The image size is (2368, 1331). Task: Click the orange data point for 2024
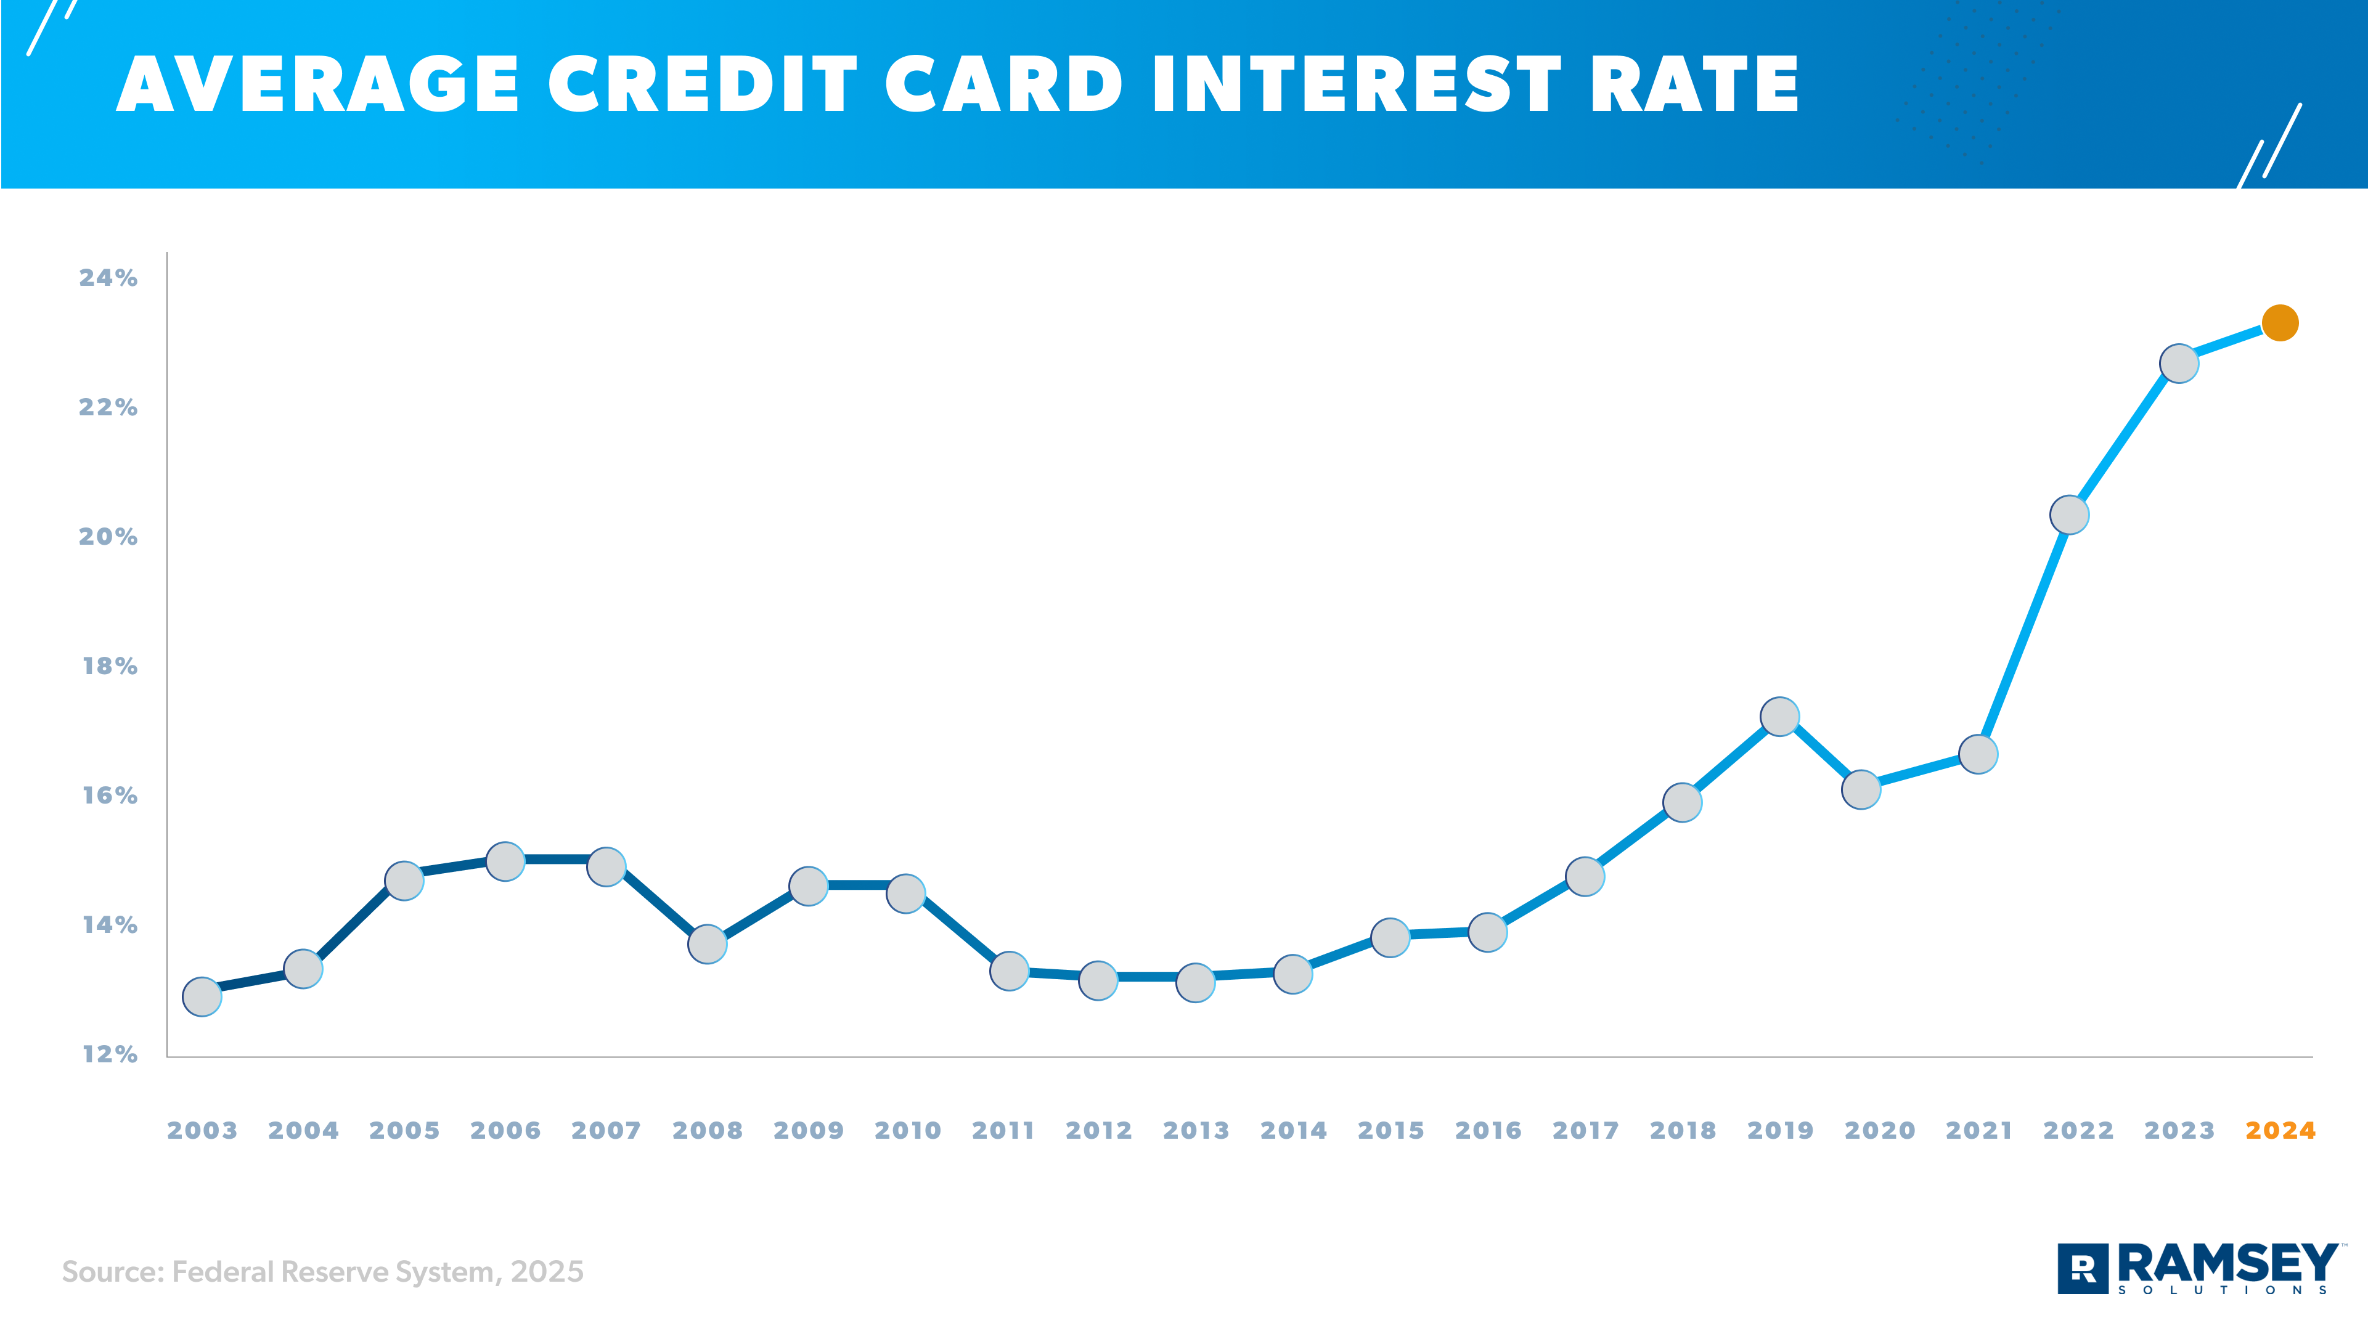click(x=2280, y=323)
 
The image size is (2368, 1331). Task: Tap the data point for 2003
click(x=202, y=996)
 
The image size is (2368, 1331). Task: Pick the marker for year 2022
click(x=2069, y=515)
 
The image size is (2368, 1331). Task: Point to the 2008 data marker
click(x=707, y=944)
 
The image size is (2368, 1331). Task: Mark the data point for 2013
click(x=1195, y=983)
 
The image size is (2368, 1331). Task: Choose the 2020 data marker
click(x=1861, y=789)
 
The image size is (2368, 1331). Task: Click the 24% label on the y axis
click(x=108, y=277)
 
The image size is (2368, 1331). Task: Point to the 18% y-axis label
click(x=109, y=665)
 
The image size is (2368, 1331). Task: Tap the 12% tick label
click(x=109, y=1054)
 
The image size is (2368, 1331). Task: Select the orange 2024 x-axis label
click(x=2280, y=1131)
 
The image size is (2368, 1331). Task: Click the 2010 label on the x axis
click(x=907, y=1131)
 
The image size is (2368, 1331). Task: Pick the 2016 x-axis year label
click(x=1487, y=1131)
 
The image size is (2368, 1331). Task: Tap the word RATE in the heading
click(x=1693, y=84)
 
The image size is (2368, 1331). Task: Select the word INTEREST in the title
click(x=1357, y=84)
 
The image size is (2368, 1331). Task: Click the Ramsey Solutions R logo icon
click(x=2083, y=1269)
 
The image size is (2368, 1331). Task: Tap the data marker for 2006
click(x=505, y=861)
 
